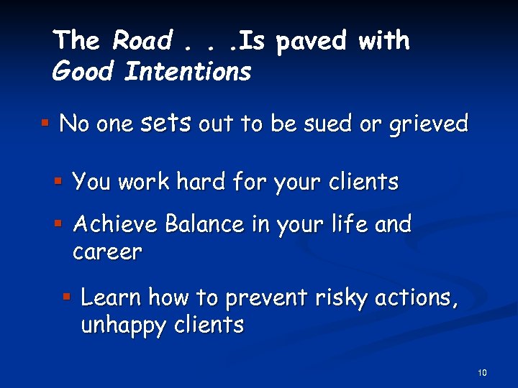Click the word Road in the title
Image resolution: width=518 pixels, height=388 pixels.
[141, 41]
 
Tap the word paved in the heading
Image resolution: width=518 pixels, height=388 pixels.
[313, 41]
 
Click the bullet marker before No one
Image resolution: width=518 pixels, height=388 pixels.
[45, 124]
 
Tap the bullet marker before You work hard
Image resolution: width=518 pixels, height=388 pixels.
[59, 181]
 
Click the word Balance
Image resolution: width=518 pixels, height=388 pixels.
[205, 225]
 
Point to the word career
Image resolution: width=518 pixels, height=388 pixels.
[107, 252]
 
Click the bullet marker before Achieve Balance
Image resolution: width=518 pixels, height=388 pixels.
[59, 224]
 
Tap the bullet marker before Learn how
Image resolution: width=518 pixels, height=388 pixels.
[67, 296]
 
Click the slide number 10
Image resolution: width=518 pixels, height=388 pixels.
[481, 372]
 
